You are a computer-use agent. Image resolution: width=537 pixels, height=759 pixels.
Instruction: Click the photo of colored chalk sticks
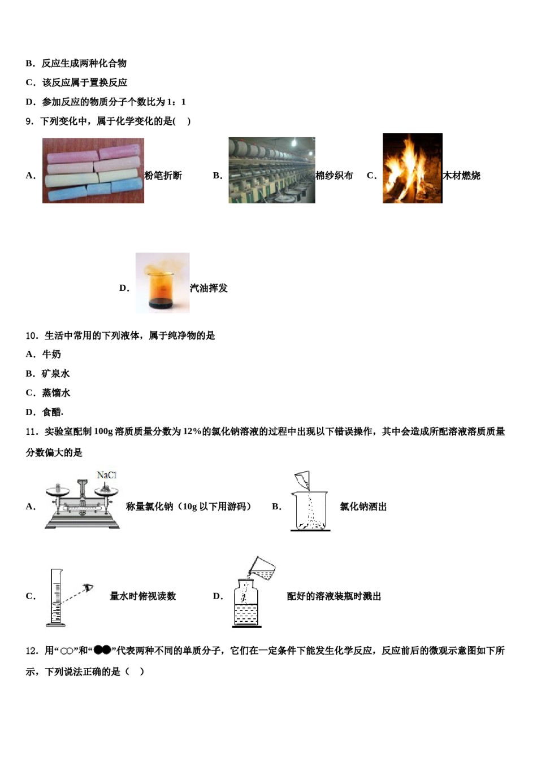(x=93, y=170)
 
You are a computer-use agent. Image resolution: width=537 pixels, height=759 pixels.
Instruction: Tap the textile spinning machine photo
(x=271, y=170)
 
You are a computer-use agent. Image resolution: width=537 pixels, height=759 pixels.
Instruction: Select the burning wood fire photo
(x=412, y=168)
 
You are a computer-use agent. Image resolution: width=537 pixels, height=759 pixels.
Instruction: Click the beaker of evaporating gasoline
(x=162, y=283)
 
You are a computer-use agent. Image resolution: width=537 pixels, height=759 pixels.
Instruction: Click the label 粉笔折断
(x=163, y=176)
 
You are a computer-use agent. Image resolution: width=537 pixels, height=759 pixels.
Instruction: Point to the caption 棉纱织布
(x=334, y=176)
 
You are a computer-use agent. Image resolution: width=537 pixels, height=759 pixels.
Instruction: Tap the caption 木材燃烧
(x=461, y=176)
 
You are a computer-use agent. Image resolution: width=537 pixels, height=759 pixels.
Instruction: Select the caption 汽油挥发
(x=209, y=288)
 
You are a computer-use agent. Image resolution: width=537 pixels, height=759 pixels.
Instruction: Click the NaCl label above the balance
(x=106, y=475)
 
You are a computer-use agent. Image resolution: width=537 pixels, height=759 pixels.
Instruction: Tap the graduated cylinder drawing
(x=55, y=597)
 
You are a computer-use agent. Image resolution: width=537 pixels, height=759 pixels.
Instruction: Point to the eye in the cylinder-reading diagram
(x=88, y=588)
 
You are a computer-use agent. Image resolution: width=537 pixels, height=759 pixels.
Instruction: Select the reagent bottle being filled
(x=247, y=603)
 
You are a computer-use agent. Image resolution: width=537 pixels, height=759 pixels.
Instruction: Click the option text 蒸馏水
(x=56, y=392)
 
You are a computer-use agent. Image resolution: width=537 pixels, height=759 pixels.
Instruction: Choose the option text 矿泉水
(x=55, y=373)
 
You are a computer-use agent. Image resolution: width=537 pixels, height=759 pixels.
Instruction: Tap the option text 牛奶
(x=51, y=354)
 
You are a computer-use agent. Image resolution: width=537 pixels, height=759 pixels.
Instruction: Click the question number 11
(x=32, y=431)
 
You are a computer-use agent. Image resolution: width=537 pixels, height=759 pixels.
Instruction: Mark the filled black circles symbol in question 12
(x=102, y=650)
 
